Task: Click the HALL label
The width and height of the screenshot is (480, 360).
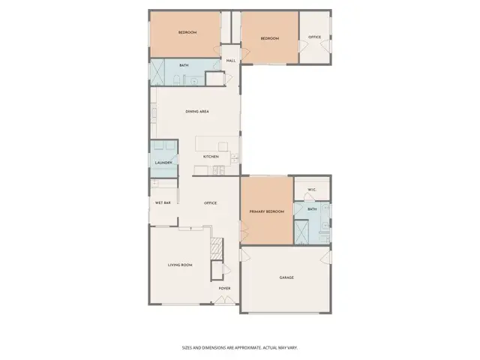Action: click(231, 61)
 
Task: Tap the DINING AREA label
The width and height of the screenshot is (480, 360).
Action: click(197, 112)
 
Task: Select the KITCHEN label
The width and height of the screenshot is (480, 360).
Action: click(211, 157)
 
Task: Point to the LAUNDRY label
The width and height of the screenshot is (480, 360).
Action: click(163, 163)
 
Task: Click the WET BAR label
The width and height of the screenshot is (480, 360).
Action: click(163, 203)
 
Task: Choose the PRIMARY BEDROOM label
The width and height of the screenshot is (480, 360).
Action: click(267, 212)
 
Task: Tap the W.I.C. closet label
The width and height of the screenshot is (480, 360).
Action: click(311, 188)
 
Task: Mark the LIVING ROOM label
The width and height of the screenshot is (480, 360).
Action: click(180, 265)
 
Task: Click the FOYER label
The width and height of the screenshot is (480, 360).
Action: click(224, 288)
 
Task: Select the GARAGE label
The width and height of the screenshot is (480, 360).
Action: click(286, 278)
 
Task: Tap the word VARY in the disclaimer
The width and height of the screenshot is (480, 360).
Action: click(292, 347)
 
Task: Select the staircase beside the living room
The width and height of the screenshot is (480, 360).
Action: click(217, 247)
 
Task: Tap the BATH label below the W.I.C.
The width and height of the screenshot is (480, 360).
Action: click(312, 209)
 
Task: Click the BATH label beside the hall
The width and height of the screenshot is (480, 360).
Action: click(184, 65)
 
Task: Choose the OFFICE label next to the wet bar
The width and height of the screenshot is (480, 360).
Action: click(211, 203)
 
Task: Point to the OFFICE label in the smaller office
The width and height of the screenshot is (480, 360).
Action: click(314, 37)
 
